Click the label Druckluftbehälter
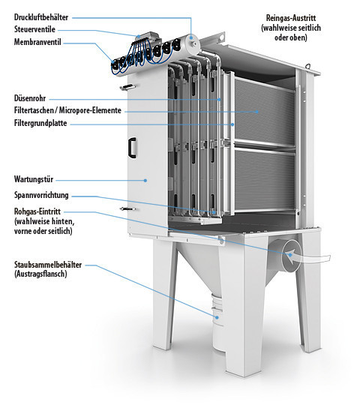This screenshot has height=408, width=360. click(x=41, y=17)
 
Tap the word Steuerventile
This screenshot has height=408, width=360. click(x=34, y=29)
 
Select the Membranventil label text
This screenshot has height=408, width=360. click(x=37, y=42)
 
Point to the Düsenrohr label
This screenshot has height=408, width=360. click(x=30, y=98)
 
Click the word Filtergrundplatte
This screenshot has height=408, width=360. click(x=40, y=123)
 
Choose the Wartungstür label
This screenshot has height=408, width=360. click(x=34, y=179)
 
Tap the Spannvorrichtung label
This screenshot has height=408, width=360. click(x=41, y=195)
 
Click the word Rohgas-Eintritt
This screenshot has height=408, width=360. click(x=37, y=211)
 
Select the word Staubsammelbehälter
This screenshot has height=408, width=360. click(x=48, y=265)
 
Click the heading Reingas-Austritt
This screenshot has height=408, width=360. click(x=291, y=18)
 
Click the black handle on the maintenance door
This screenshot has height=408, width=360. click(x=132, y=148)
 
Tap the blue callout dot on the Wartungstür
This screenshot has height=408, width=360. click(x=145, y=180)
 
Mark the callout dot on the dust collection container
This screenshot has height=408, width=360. click(x=217, y=317)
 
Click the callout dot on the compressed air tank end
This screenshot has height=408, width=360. click(x=192, y=37)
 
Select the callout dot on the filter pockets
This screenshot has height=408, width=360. click(x=257, y=112)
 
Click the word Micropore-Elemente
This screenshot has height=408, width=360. click(x=90, y=110)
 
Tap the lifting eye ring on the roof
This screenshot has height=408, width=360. click(x=308, y=66)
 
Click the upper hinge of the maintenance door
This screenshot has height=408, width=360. click(x=127, y=87)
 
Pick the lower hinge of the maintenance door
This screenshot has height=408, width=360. click(x=127, y=208)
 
